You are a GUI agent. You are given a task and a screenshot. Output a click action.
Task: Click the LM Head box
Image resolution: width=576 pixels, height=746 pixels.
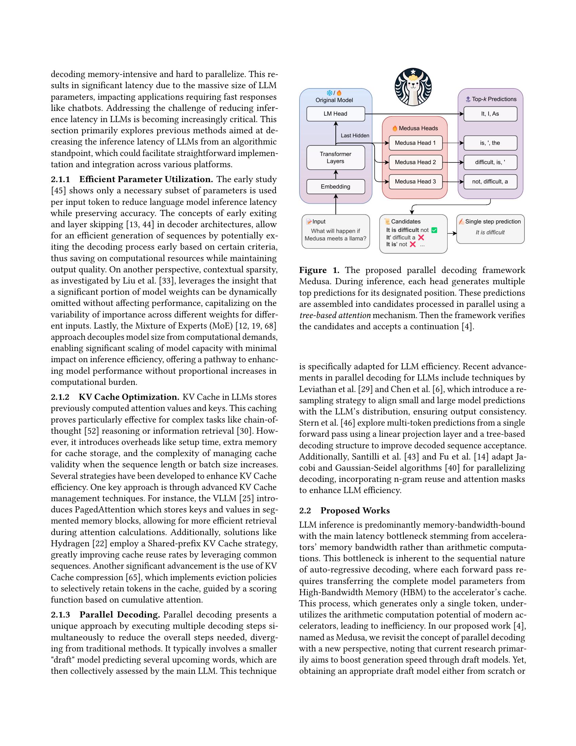335,114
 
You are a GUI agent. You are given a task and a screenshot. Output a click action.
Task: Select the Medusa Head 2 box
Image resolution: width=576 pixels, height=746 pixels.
415,162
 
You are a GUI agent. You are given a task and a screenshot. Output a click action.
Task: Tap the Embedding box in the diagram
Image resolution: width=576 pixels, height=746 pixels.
335,186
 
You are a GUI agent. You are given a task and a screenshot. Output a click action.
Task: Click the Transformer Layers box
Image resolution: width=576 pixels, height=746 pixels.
335,157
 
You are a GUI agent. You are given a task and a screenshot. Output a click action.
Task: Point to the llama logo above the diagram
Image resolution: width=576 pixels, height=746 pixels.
413,87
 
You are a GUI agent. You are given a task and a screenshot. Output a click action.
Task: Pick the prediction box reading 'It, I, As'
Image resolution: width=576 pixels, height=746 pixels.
490,114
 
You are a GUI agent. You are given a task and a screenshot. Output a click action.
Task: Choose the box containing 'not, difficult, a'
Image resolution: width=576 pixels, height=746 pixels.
490,182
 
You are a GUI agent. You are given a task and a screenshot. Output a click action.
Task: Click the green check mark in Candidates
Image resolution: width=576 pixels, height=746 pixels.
434,230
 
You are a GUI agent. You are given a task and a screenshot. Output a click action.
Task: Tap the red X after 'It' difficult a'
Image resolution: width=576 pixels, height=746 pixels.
421,237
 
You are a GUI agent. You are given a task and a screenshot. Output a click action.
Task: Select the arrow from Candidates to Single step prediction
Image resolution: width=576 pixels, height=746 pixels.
452,233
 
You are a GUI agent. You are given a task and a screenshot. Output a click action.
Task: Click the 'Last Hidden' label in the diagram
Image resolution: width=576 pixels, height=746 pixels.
355,136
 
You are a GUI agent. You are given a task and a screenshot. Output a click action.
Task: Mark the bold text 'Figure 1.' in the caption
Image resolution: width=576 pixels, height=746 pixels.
319,270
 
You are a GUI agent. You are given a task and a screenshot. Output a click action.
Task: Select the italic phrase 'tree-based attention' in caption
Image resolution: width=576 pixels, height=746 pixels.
335,315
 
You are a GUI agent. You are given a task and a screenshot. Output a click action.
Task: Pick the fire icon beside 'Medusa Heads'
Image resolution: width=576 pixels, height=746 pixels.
395,129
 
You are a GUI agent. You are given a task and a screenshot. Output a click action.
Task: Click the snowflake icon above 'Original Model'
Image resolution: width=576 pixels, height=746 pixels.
329,93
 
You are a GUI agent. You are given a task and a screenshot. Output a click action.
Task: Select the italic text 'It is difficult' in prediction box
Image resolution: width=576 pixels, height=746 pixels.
490,232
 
